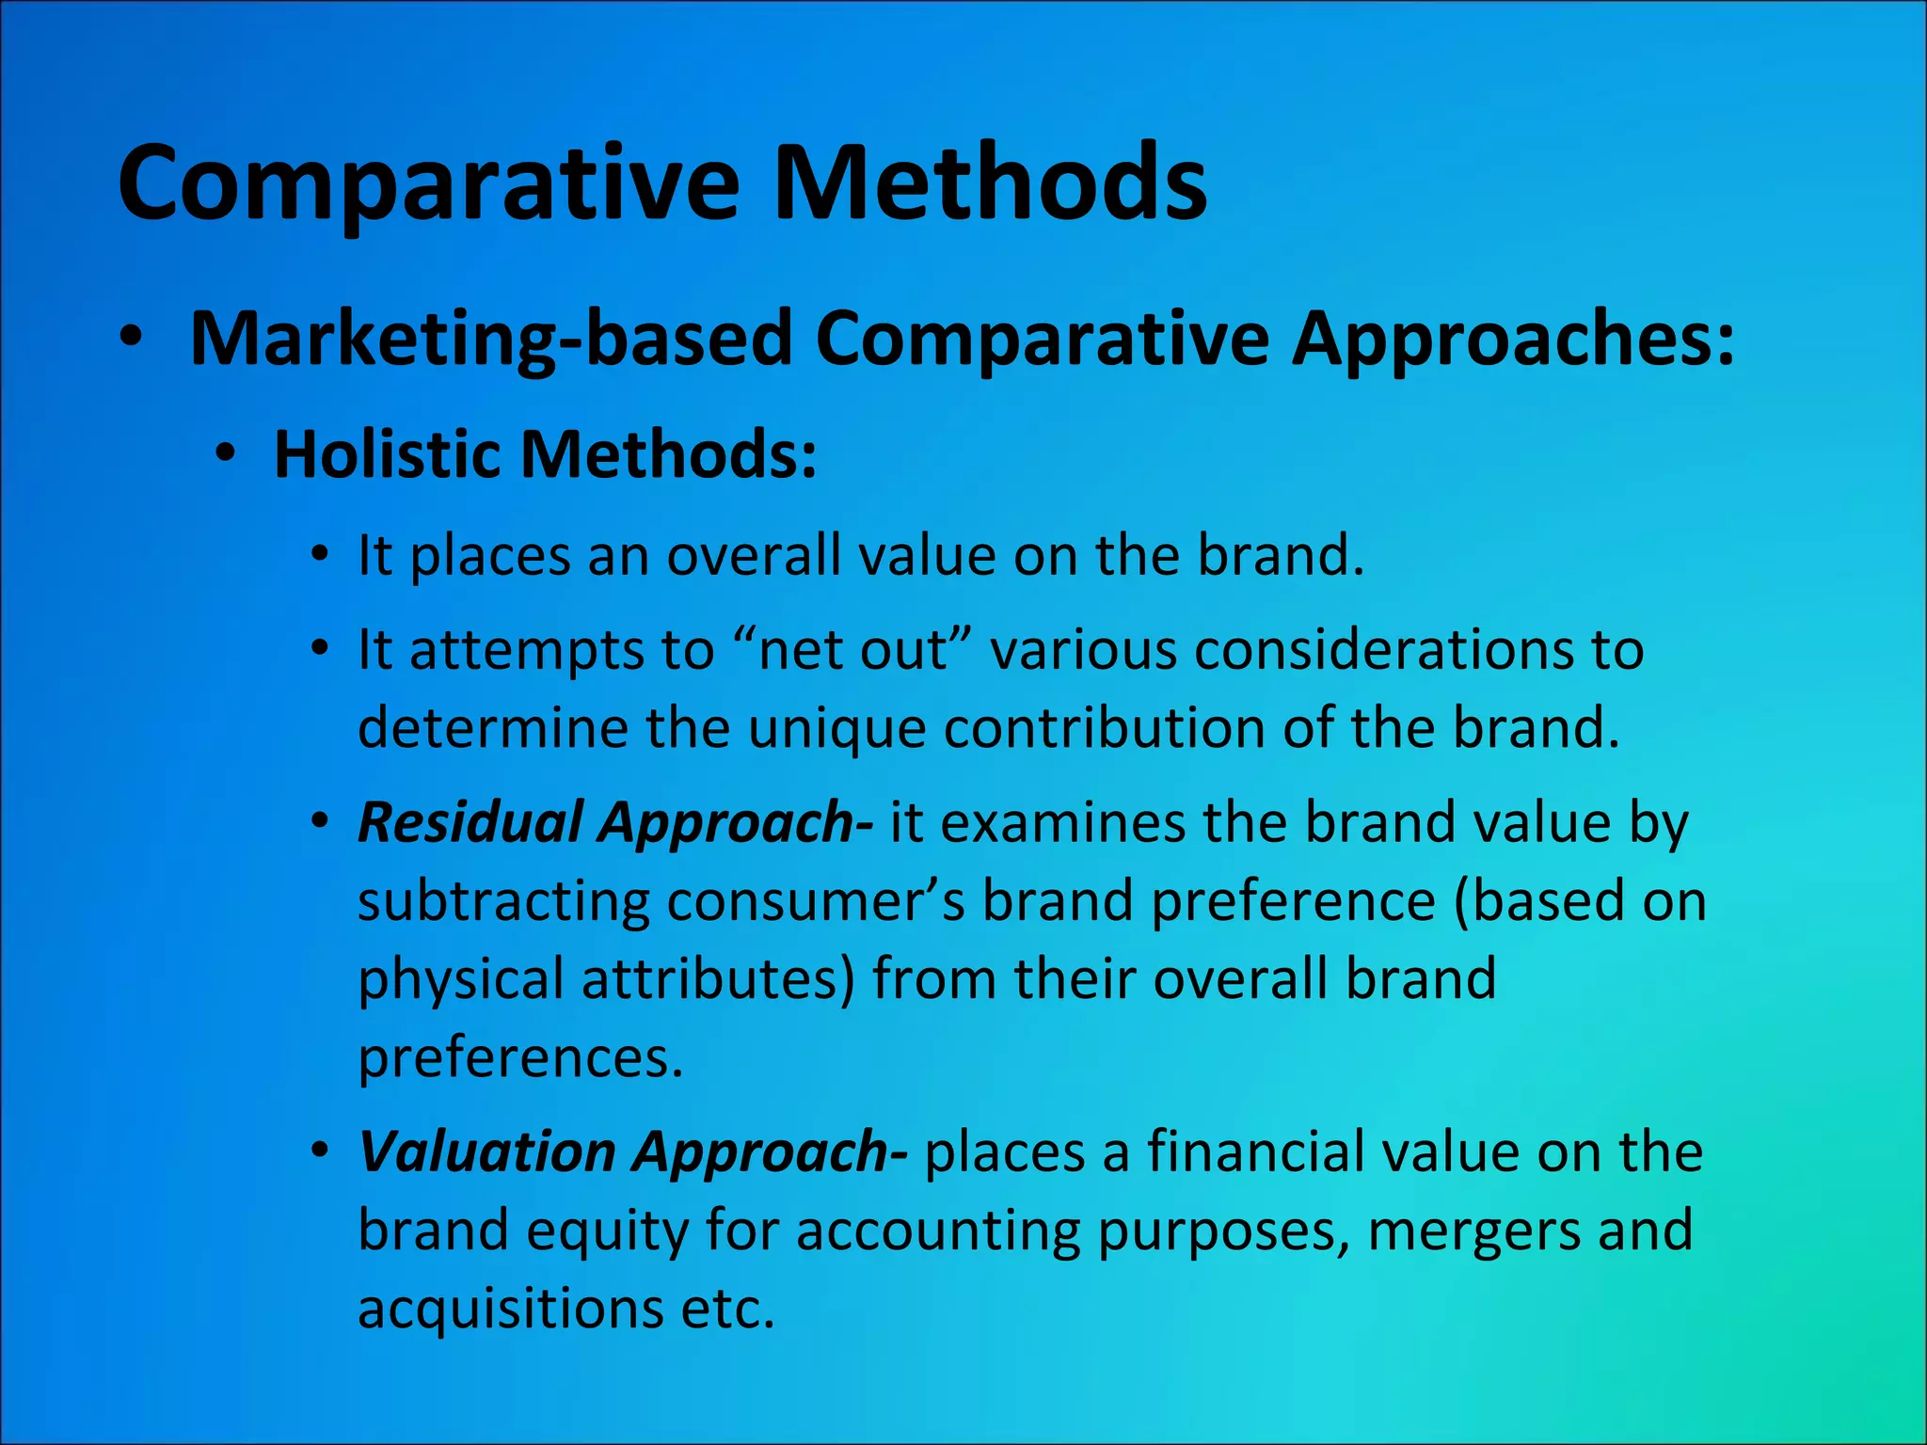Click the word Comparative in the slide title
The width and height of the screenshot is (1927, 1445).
click(428, 183)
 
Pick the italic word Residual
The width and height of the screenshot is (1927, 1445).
click(470, 822)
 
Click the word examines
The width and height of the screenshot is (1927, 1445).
click(1063, 822)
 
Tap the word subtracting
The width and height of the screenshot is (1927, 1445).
click(503, 901)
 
